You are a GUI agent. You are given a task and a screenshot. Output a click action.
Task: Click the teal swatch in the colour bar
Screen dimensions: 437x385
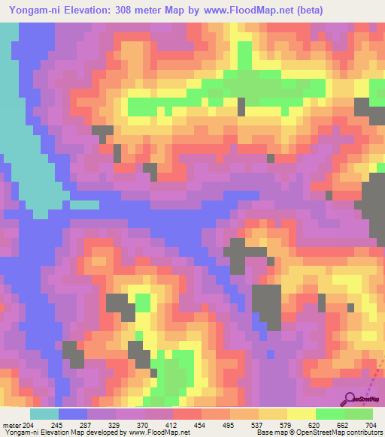[x=44, y=414]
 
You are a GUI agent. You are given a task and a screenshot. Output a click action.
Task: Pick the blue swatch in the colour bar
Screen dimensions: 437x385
[x=73, y=414]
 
